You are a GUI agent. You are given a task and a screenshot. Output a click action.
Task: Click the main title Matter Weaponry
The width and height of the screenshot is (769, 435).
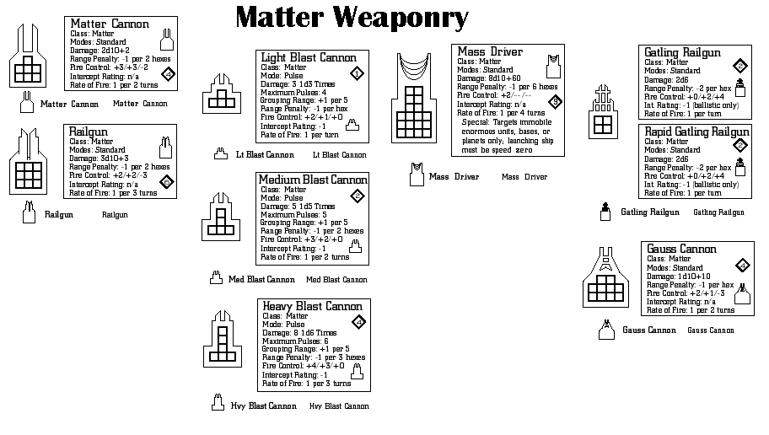[x=352, y=17]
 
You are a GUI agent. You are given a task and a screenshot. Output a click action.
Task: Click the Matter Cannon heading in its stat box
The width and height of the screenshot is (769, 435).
[x=110, y=24]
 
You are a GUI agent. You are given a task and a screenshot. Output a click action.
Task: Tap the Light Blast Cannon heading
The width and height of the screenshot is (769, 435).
[x=309, y=57]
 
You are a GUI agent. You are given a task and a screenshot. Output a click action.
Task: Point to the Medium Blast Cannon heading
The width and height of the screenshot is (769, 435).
[x=313, y=180]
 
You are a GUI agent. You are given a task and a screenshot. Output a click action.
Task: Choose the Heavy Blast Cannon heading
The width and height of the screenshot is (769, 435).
[x=312, y=305]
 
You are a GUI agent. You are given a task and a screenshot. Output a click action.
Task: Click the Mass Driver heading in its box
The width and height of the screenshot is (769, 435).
[x=490, y=51]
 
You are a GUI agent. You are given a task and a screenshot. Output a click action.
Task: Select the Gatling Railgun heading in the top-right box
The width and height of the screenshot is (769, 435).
[x=682, y=52]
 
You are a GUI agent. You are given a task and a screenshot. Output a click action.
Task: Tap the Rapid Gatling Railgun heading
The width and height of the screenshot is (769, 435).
[x=696, y=132]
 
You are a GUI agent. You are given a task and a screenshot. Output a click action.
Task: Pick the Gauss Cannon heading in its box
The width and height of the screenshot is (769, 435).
[x=681, y=249]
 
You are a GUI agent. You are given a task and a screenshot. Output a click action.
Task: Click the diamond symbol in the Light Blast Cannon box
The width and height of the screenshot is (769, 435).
[x=357, y=73]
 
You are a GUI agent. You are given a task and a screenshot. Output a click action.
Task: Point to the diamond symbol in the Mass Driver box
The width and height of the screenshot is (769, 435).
[x=554, y=102]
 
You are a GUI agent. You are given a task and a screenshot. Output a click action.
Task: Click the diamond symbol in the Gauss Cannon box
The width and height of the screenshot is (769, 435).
[x=743, y=266]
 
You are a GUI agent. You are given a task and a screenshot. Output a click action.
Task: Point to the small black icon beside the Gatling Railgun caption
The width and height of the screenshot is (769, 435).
[x=605, y=212]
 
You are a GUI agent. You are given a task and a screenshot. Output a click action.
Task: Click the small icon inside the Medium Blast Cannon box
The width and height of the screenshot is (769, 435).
[x=355, y=245]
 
